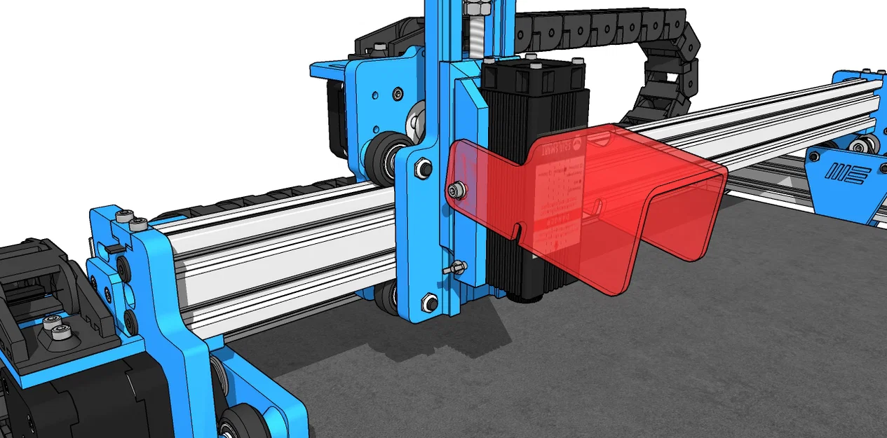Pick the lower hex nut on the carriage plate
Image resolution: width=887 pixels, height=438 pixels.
coord(427,302)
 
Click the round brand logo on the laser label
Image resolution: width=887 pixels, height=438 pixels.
coord(576,144)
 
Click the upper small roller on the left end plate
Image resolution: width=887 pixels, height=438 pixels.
coord(124,268)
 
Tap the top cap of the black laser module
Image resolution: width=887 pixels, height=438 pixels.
coord(533,69)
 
